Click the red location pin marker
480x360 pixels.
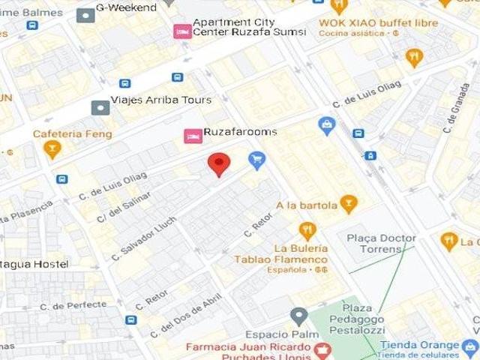[218, 163]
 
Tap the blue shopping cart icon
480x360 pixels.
[257, 159]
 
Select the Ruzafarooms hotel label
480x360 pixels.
[240, 132]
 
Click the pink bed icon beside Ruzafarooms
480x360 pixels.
[193, 136]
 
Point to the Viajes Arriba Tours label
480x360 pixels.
[160, 100]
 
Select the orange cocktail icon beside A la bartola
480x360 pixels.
[348, 203]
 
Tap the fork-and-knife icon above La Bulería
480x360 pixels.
[307, 229]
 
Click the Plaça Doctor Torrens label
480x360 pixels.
[381, 243]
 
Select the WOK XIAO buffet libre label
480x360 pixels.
[378, 22]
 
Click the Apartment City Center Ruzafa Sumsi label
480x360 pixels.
[249, 27]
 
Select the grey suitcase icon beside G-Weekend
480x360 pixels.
[86, 13]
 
